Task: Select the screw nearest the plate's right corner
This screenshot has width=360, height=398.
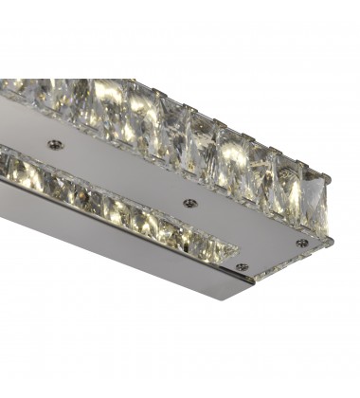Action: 300,242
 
